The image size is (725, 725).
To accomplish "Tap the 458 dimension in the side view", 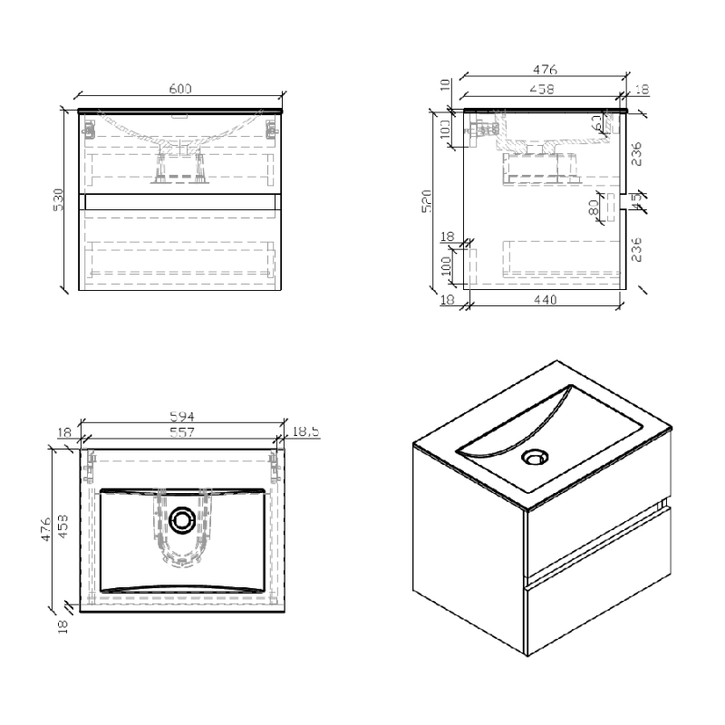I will tap(542, 89).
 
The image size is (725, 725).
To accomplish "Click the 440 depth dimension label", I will tap(544, 300).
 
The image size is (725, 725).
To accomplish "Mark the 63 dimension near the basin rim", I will tap(599, 123).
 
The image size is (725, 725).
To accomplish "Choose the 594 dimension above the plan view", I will tap(182, 417).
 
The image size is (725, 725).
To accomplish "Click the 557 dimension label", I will tap(182, 433).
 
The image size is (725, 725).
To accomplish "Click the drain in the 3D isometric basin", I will tap(535, 456).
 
